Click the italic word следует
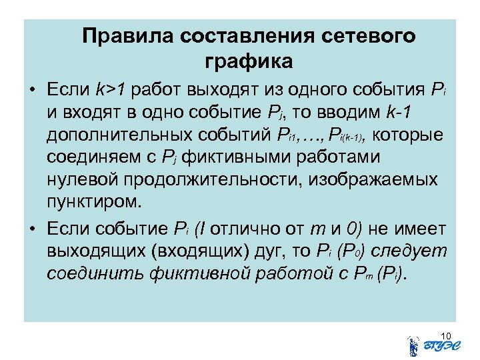click(x=408, y=252)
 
